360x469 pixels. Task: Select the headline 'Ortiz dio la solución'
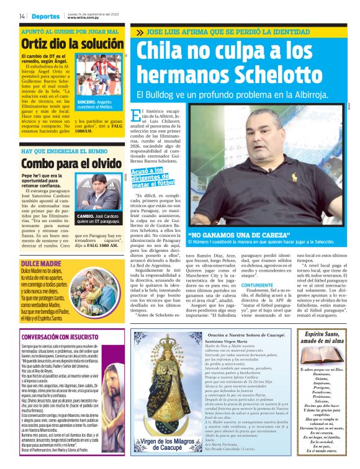(68, 43)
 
